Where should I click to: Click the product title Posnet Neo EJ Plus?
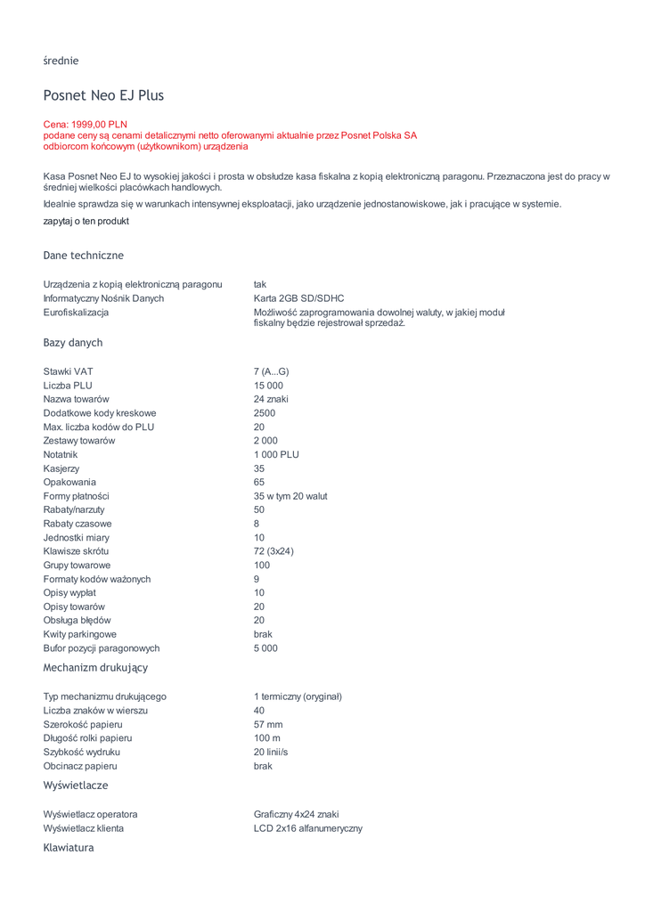coord(103,95)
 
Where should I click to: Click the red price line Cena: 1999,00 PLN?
coord(86,125)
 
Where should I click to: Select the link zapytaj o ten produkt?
coord(86,221)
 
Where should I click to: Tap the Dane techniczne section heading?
coord(84,256)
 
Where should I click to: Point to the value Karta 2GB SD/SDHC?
coord(298,298)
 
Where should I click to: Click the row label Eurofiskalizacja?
coord(76,313)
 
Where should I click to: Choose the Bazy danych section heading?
coord(73,343)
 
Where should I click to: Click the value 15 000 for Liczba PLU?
coord(268,386)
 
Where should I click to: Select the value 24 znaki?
coord(271,399)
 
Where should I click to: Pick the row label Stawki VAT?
coord(68,371)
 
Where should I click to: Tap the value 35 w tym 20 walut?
coord(290,496)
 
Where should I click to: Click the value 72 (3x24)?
coord(274,551)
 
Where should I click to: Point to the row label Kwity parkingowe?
coord(79,634)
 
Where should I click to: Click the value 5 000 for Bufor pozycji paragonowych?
coord(265,648)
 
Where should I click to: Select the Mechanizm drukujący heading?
coord(95,667)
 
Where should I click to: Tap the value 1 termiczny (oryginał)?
coord(298,696)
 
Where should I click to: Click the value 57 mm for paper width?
coord(268,725)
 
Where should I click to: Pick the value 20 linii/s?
coord(271,753)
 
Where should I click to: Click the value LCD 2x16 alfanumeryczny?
coord(307,828)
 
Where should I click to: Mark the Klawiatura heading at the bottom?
coord(69,848)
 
